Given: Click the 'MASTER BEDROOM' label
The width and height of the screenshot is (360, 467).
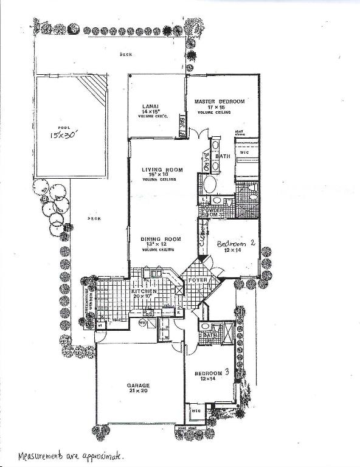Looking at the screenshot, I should [x=220, y=102].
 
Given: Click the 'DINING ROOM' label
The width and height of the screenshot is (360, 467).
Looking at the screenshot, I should [x=161, y=240].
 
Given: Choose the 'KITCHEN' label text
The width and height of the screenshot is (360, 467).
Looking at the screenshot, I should [x=145, y=292].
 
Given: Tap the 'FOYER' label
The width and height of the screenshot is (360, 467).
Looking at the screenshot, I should [x=202, y=280].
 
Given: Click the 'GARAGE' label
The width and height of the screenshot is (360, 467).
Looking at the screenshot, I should [x=138, y=385].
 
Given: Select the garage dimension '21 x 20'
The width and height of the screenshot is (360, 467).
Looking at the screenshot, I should [x=138, y=391].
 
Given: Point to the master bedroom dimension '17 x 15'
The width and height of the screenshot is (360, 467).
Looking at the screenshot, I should [x=219, y=108].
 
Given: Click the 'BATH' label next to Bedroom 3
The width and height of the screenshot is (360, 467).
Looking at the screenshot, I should [x=210, y=334].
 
